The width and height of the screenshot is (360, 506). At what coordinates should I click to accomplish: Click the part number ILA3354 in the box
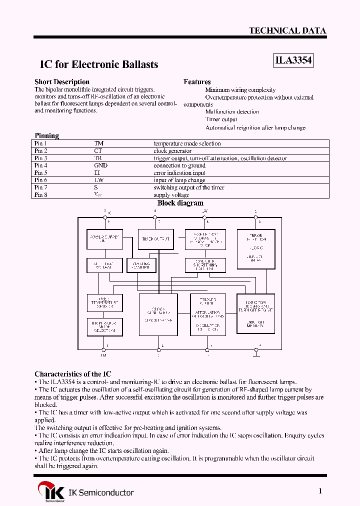click(293, 60)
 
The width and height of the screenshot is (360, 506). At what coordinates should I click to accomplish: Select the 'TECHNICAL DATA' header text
click(287, 30)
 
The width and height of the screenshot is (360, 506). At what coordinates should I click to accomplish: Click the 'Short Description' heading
click(62, 81)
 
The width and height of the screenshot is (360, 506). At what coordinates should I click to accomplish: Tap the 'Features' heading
click(197, 81)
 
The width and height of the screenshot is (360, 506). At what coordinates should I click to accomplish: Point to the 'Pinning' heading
click(46, 135)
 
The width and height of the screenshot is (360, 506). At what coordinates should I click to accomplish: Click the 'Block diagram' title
click(180, 203)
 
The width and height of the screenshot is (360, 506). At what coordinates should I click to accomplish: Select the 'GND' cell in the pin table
click(100, 165)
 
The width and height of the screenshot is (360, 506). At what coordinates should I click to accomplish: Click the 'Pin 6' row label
click(41, 180)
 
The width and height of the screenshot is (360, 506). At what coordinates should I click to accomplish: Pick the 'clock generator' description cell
click(172, 151)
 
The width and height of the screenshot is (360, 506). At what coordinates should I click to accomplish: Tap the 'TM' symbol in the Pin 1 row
click(98, 143)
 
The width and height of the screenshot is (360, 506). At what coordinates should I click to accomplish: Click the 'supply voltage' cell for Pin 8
click(171, 194)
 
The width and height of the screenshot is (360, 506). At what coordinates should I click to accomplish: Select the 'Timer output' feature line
click(221, 119)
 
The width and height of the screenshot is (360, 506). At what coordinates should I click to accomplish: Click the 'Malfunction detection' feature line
click(232, 111)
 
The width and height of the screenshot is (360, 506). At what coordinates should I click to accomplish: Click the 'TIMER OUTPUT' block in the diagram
click(156, 239)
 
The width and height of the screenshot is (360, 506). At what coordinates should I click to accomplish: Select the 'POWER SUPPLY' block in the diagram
click(104, 238)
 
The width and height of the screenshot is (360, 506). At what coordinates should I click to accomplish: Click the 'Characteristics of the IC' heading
click(73, 374)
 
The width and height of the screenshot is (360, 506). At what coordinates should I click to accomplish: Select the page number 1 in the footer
click(320, 491)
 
